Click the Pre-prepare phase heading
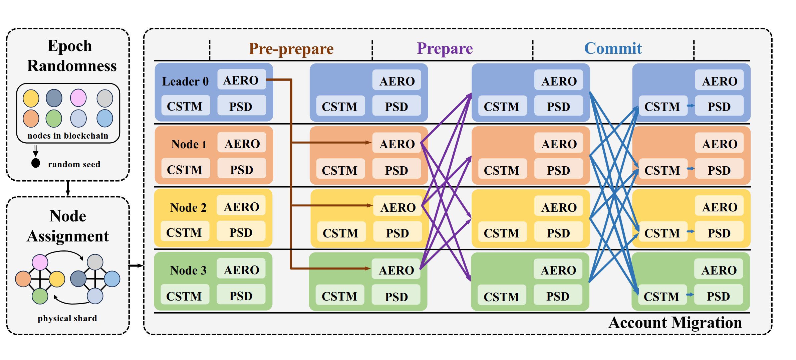tap(291, 49)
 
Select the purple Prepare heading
tap(445, 49)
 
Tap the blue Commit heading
tap(613, 48)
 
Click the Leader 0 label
tap(185, 81)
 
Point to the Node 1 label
tap(189, 144)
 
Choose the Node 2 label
tap(188, 207)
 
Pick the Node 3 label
tap(188, 270)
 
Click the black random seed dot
tap(36, 163)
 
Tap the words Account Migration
tap(675, 323)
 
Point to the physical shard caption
tap(67, 318)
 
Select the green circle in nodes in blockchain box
tap(54, 119)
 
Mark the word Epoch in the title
tap(70, 46)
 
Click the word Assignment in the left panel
tap(68, 236)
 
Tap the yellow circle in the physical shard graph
tap(57, 279)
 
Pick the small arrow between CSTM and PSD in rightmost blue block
tap(691, 106)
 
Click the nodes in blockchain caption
tap(68, 136)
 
